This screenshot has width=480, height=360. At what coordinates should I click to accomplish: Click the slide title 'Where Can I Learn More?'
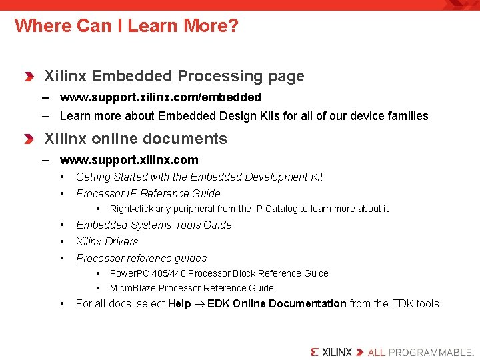click(126, 26)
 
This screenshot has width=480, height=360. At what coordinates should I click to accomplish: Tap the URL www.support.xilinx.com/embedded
click(160, 97)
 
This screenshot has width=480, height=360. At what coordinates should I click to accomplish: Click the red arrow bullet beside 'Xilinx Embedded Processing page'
click(29, 77)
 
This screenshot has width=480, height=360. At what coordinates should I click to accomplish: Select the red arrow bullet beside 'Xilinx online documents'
click(29, 139)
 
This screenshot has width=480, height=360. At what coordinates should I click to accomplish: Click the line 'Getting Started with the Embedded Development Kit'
click(199, 177)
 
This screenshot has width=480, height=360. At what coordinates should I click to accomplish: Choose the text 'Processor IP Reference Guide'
click(147, 193)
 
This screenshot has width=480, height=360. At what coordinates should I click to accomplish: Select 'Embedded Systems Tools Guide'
click(153, 225)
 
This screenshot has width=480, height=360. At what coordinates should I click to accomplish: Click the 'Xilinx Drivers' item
click(107, 241)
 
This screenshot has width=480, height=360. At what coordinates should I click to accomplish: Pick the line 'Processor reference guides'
click(141, 258)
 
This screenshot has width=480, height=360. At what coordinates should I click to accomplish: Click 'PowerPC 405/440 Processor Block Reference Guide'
click(219, 273)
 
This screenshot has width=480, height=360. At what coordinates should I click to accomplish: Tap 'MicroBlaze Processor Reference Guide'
click(191, 288)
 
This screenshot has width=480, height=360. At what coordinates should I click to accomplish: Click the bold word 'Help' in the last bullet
click(179, 303)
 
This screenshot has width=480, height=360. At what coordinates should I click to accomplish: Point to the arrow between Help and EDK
click(199, 304)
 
